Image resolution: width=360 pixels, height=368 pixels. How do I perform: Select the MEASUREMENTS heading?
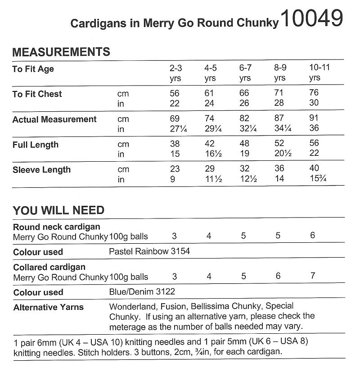click(61, 52)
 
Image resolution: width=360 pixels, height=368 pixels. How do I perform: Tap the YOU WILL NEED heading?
click(58, 210)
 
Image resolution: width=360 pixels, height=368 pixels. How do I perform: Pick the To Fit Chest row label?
click(37, 94)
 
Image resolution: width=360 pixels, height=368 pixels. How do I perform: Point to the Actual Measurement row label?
click(54, 119)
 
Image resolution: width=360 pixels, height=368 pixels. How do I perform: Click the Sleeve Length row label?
click(41, 170)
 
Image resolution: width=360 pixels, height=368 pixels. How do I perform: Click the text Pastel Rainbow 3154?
click(149, 251)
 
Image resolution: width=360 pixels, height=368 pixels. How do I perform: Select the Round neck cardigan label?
click(57, 227)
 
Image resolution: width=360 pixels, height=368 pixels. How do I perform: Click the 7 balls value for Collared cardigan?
click(313, 276)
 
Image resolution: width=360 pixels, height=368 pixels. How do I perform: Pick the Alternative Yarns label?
click(48, 308)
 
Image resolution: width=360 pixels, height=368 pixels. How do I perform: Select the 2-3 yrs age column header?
click(175, 73)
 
